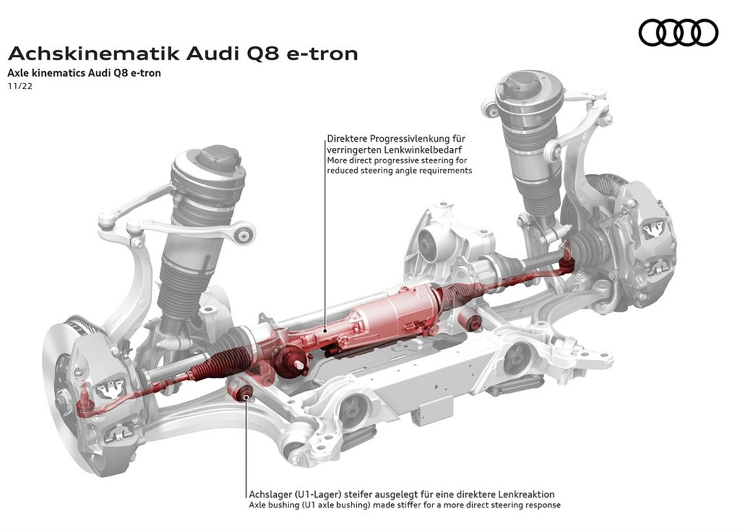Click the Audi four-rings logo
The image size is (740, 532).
pos(678,32)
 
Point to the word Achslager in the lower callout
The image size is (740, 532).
pos(269,494)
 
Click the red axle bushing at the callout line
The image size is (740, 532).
pos(244,394)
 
